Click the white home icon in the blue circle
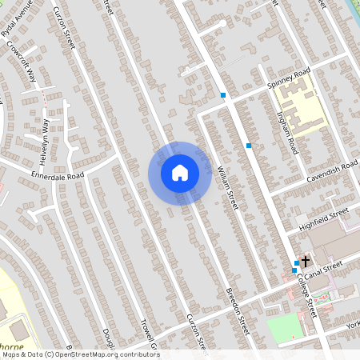pyautogui.click(x=179, y=173)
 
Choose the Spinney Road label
pyautogui.click(x=290, y=78)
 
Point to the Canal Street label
pyautogui.click(x=326, y=264)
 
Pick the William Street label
pyautogui.click(x=227, y=189)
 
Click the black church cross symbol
pyautogui.click(x=305, y=261)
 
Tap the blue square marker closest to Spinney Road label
pyautogui.click(x=223, y=96)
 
